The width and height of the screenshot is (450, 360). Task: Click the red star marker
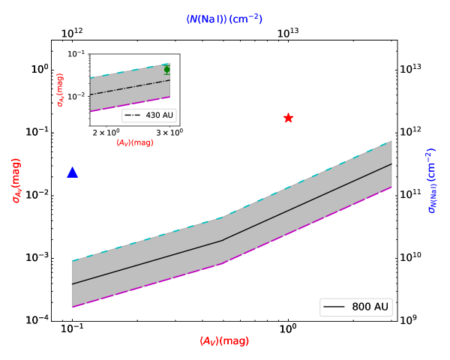pyautogui.click(x=288, y=118)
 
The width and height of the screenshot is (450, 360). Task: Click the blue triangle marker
pyautogui.click(x=73, y=172)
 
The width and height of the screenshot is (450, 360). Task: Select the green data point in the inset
pyautogui.click(x=166, y=70)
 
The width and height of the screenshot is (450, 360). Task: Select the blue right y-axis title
pyautogui.click(x=433, y=181)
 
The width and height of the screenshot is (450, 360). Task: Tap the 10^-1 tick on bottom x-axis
pyautogui.click(x=72, y=328)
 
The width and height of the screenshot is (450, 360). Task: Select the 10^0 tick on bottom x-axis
pyautogui.click(x=288, y=328)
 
